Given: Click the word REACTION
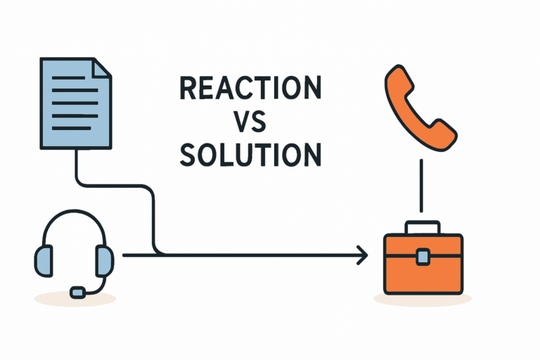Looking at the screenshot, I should [250, 89].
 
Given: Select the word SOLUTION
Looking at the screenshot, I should [250, 155].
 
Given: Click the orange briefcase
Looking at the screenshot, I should [423, 266].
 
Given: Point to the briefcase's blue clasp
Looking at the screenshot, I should [423, 257].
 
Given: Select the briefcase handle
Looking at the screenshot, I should [423, 227].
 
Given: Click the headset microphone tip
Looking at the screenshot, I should [77, 290].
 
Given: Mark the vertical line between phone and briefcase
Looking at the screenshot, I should [421, 186].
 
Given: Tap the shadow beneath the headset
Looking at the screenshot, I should [75, 299].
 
